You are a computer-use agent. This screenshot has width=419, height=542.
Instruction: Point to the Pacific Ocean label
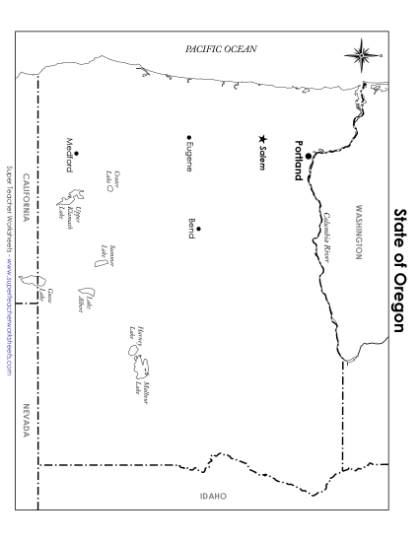click(x=221, y=48)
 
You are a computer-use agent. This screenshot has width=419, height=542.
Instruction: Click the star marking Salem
click(x=262, y=139)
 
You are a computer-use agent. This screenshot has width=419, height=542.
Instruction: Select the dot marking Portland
click(x=308, y=156)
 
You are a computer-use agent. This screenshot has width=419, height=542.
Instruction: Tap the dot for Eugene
click(x=188, y=137)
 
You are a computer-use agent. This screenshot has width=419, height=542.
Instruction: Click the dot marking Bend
click(x=198, y=228)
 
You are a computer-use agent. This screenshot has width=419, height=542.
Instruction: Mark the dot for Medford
click(x=76, y=153)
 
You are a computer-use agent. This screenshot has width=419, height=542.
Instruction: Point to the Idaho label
click(x=212, y=496)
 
